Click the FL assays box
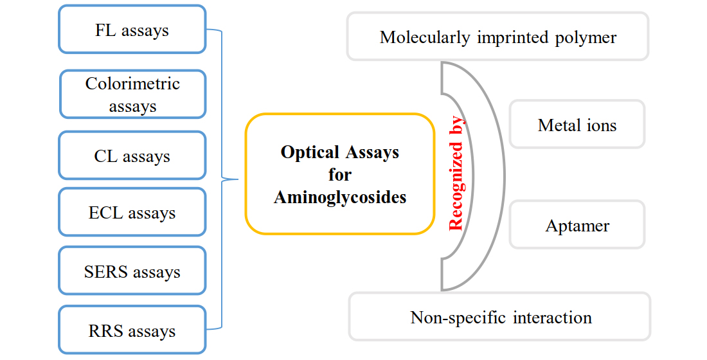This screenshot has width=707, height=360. coord(132,30)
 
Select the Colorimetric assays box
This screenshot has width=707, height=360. coord(132,94)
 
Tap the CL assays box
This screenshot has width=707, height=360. coord(132,156)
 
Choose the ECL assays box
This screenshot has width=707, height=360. coord(132,213)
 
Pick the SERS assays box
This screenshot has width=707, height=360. coord(132,271)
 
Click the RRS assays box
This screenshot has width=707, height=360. coord(132,330)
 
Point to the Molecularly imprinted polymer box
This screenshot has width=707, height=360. coord(497,37)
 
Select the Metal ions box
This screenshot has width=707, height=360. coord(577,125)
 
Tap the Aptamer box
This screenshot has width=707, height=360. coord(577,225)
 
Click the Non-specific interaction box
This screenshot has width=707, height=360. coord(500,317)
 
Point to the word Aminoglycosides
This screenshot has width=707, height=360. coord(340,197)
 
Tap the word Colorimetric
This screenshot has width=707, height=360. coord(132,84)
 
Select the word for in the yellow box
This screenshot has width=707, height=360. coord(340,174)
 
